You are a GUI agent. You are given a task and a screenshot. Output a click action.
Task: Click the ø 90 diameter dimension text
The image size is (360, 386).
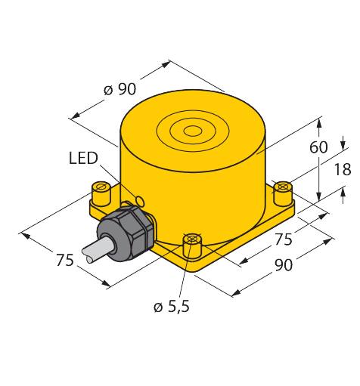point(119,89)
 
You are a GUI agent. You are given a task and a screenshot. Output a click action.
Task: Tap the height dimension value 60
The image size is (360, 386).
point(318,147)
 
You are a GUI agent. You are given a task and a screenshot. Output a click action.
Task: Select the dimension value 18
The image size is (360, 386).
point(343,169)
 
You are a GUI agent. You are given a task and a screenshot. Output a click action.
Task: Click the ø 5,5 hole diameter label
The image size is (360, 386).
point(172,307)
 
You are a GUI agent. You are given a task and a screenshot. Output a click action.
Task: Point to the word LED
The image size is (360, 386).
point(83,158)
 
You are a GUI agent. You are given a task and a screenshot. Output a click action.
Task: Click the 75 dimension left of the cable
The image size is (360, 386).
point(65,260)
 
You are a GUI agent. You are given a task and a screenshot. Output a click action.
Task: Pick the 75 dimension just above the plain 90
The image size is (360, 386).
point(284,239)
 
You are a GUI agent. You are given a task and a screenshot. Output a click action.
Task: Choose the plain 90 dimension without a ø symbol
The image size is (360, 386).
point(284,265)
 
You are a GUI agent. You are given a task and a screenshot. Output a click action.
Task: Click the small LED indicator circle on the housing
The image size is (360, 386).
point(140,201)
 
